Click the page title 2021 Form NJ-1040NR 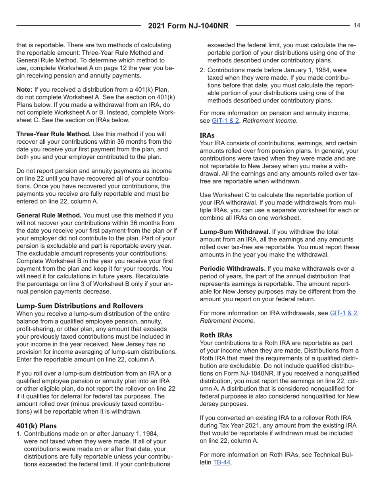tap(188, 26)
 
